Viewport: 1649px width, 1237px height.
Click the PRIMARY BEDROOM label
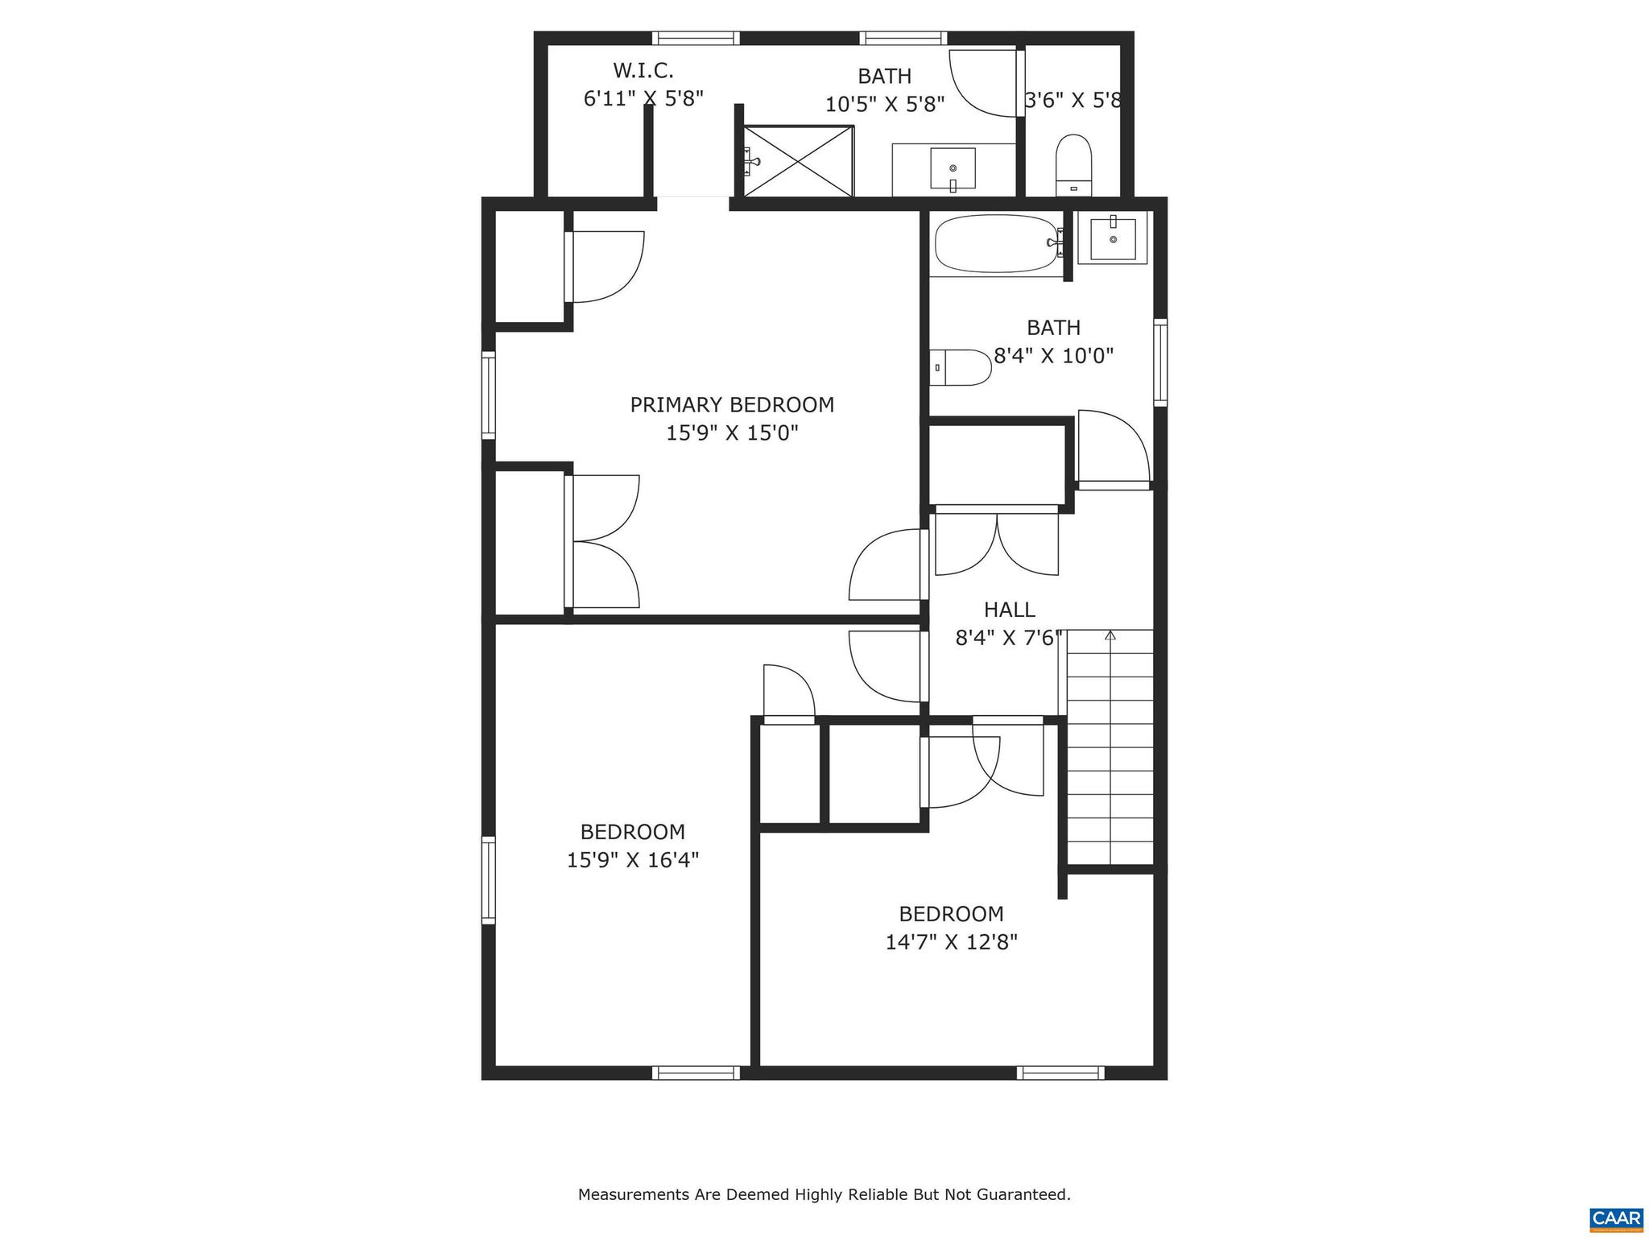(731, 404)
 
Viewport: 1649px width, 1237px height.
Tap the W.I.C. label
(643, 71)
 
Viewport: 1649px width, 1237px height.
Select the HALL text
(1009, 610)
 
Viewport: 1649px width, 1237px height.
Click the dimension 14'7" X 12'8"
(952, 942)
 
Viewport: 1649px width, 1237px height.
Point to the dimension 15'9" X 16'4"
(632, 860)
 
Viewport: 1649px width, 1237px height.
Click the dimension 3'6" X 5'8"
(1073, 101)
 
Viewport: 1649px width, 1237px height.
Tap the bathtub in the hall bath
(995, 243)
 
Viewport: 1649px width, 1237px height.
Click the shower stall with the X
(797, 160)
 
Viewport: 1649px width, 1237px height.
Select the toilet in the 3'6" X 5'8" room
(1073, 165)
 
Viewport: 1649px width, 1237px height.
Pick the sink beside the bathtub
(1113, 239)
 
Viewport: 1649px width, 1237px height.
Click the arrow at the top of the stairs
(1110, 635)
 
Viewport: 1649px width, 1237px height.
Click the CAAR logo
(1616, 1217)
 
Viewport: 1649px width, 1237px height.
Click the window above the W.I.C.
(695, 38)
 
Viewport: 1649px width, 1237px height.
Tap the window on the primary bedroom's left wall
(489, 395)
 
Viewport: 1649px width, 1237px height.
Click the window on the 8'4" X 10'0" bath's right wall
(1160, 362)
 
